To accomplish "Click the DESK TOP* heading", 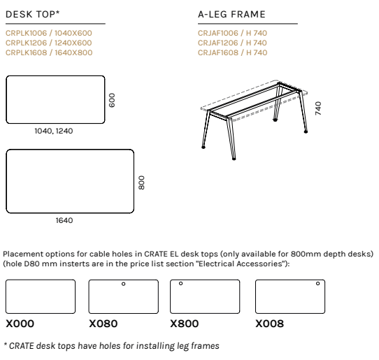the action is click(x=33, y=14).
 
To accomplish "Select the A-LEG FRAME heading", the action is click(x=231, y=14).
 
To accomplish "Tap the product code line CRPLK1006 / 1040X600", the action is click(x=49, y=33).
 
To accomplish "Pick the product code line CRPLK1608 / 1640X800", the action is click(x=49, y=52).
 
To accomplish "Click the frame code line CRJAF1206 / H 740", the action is click(x=232, y=43).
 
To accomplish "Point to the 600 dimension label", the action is click(x=112, y=100).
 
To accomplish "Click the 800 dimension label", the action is click(x=141, y=182).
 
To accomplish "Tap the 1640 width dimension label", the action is click(x=64, y=220).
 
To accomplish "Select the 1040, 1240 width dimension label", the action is click(x=54, y=131).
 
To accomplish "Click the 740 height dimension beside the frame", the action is click(x=318, y=108).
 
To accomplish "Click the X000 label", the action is click(x=20, y=324).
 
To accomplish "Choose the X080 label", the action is click(x=103, y=324).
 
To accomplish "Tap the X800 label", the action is click(x=185, y=324).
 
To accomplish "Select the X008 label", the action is click(x=269, y=324).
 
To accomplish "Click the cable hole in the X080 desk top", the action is click(x=123, y=284).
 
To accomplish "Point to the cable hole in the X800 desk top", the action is click(x=180, y=283).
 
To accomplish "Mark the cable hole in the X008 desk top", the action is click(x=318, y=283).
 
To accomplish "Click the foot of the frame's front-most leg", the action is click(x=234, y=159).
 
